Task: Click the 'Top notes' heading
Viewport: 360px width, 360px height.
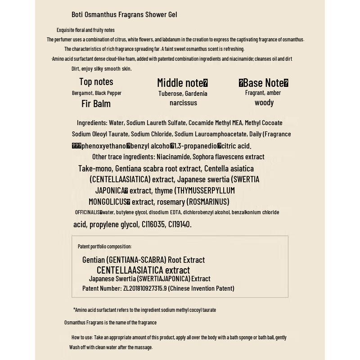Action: coord(96,82)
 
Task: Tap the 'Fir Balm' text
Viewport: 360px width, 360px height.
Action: coord(96,103)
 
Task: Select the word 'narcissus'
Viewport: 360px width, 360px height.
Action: coord(183,103)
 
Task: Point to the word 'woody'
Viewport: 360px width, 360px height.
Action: coord(264,103)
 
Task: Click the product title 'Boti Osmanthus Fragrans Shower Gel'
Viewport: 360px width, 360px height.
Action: coord(124,14)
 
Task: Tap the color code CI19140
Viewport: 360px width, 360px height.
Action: coord(180,224)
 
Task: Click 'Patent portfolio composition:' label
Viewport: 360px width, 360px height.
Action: coord(104,247)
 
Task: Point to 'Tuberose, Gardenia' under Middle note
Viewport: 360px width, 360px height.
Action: coord(183,94)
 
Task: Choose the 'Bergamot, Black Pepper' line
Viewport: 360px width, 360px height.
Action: coord(97,93)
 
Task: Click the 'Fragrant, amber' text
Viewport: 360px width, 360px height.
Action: coord(263,93)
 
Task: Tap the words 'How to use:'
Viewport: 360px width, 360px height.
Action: coord(82,337)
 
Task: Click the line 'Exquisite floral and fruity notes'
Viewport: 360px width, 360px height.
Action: coord(85,30)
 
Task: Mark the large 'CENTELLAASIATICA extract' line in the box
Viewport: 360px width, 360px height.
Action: coord(143,270)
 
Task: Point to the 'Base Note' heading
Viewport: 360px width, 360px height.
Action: coord(264,83)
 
